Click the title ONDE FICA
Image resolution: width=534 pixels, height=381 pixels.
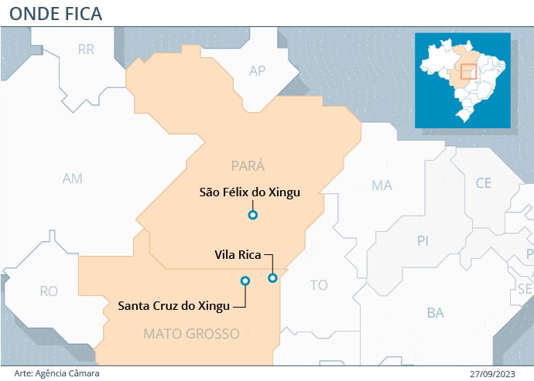[x=56, y=13]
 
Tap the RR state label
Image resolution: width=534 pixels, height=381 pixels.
[x=86, y=49]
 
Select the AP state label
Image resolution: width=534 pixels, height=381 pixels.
[x=257, y=71]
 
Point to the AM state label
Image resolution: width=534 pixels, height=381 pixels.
[x=72, y=179]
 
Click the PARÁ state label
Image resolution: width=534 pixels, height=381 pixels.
[x=248, y=165]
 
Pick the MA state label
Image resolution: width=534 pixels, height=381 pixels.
[x=382, y=185]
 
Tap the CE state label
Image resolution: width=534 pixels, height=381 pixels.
[x=484, y=183]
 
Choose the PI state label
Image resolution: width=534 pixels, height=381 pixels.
[x=423, y=241]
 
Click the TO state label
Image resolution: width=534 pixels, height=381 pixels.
[x=319, y=285]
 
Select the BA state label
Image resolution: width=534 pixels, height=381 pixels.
[x=435, y=313]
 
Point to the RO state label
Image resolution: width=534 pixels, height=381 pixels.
[x=49, y=291]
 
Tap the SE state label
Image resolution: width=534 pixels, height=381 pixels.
[x=525, y=288]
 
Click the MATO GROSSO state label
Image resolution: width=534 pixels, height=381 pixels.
[x=191, y=334]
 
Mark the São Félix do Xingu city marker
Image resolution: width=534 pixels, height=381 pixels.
[x=252, y=215]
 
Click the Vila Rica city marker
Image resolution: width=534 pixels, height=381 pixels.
[x=272, y=277]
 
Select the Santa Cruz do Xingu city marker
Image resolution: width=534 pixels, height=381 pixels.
[x=245, y=281]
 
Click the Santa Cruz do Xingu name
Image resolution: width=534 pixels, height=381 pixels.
[x=173, y=305]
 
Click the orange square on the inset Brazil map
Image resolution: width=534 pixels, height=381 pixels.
[x=467, y=72]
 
